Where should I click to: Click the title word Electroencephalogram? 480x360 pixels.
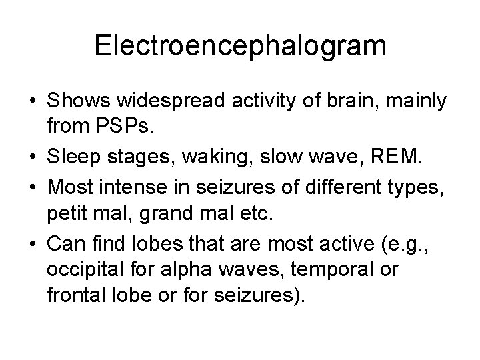click(240, 45)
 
